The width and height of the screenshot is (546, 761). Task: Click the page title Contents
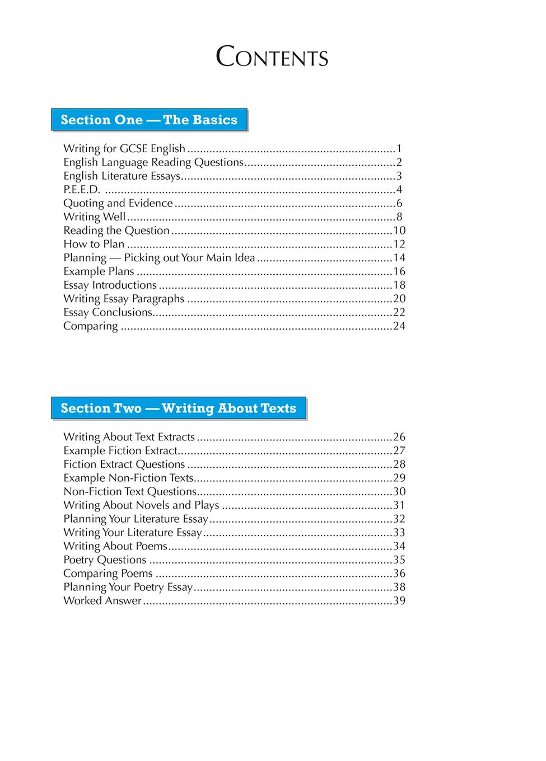pos(272,57)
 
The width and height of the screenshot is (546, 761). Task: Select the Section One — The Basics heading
pos(149,120)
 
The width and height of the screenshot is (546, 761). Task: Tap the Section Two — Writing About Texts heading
pos(178,408)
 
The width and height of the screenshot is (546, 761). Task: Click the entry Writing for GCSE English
pos(124,148)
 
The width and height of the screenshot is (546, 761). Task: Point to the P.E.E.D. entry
pos(82,189)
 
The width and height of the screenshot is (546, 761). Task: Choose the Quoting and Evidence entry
pos(118,203)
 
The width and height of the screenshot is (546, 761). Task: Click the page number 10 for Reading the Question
pos(399,231)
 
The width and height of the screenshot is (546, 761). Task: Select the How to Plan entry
pos(94,244)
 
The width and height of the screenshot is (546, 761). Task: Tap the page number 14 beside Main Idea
pos(399,258)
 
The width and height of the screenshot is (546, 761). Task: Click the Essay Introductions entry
pos(110,285)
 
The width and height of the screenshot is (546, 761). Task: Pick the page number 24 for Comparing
pos(399,326)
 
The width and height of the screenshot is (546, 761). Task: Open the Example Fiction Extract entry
pos(120,450)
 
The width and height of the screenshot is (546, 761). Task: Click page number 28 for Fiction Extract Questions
pos(399,464)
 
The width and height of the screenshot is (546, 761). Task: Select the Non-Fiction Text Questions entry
pos(130,491)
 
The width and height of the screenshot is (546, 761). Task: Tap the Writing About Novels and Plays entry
pos(141,505)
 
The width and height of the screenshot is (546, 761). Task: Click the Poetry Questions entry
pos(105,560)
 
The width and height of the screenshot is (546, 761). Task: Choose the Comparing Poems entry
pos(108,574)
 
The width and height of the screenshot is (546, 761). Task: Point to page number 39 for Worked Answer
pos(399,600)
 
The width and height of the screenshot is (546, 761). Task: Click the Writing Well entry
pos(95,217)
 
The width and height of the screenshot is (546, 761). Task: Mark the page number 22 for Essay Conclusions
pos(399,312)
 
